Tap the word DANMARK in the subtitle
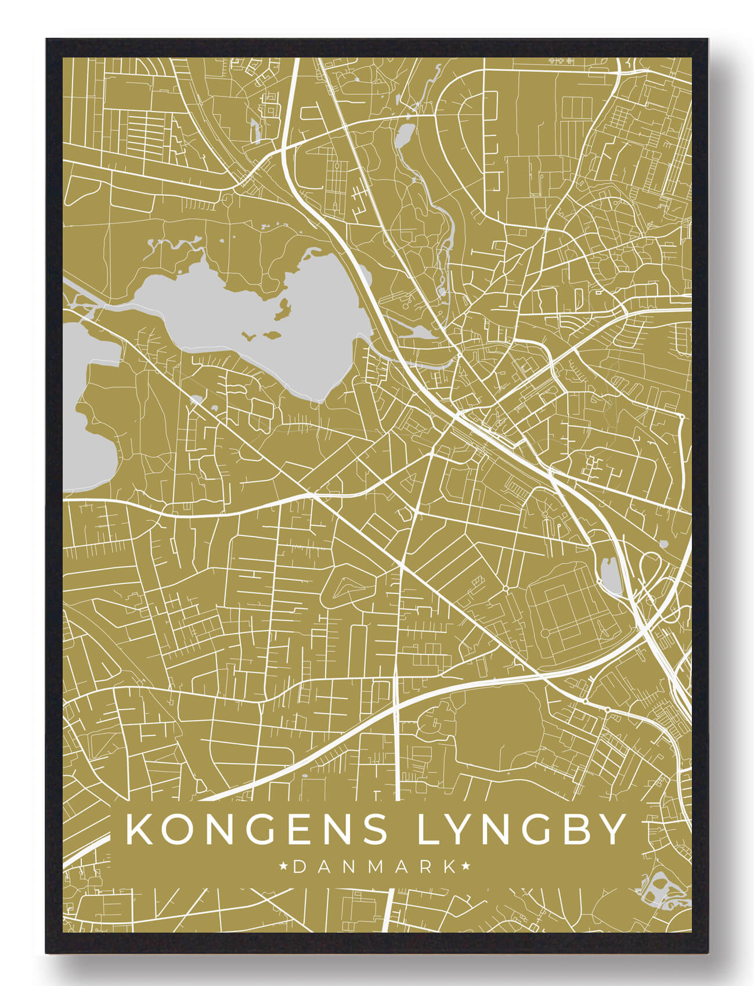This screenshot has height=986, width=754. (374, 867)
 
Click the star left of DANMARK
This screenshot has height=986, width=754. (284, 867)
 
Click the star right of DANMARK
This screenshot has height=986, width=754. (466, 867)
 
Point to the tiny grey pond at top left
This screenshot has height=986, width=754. (255, 131)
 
